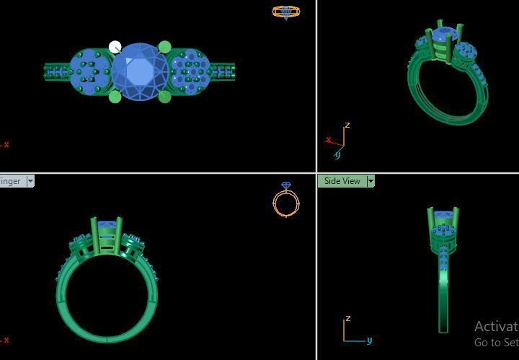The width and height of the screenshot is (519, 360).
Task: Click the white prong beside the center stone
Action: click(115, 48)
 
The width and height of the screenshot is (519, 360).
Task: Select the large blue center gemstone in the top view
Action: click(140, 71)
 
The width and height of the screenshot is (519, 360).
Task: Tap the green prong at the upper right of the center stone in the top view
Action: click(164, 48)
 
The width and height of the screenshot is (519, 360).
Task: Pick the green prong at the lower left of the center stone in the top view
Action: click(115, 97)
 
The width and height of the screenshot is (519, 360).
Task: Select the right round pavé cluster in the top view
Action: click(190, 71)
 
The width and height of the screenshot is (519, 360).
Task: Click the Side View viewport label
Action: click(342, 181)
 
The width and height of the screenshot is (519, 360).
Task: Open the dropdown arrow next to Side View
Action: click(371, 181)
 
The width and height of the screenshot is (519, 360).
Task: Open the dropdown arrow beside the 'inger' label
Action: click(30, 181)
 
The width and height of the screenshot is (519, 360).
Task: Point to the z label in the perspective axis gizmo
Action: click(347, 126)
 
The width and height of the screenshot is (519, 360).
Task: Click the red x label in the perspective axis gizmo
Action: click(328, 140)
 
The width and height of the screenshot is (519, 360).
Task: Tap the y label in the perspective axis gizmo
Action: click(337, 154)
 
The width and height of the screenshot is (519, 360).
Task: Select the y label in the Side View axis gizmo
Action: click(369, 340)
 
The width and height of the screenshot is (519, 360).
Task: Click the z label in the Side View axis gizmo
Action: click(348, 318)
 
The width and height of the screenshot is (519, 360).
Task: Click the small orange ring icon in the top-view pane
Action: click(286, 12)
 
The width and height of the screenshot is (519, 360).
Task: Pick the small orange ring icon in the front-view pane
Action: click(286, 201)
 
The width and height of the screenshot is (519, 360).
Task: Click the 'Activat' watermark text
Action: click(496, 327)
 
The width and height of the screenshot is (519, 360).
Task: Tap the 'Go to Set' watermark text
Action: click(496, 343)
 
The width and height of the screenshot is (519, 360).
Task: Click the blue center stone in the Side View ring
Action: click(443, 216)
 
